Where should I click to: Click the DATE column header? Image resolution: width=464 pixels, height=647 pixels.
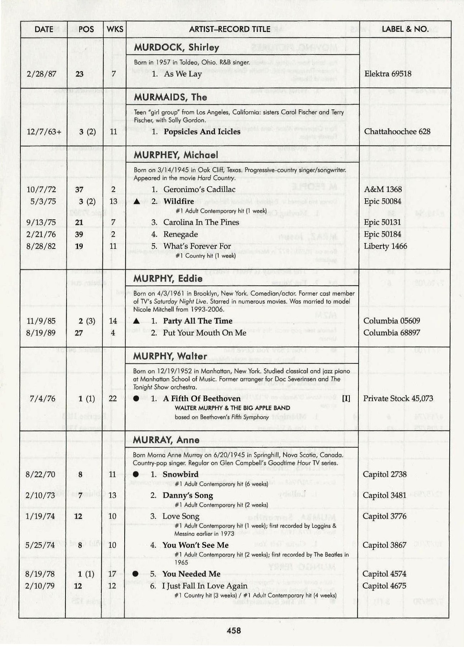click(44, 29)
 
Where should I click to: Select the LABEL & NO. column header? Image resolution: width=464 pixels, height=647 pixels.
click(405, 29)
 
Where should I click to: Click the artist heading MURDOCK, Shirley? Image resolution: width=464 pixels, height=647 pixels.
click(177, 47)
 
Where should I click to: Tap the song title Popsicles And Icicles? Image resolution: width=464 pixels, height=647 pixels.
click(202, 132)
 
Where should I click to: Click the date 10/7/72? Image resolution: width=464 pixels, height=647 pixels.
click(41, 189)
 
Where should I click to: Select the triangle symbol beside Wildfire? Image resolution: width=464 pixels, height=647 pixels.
click(136, 201)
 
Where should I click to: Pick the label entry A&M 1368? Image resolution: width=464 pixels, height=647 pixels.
click(383, 189)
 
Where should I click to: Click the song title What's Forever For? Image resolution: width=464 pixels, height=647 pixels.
click(197, 246)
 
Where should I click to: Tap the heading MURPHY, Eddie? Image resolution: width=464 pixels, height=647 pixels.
click(168, 279)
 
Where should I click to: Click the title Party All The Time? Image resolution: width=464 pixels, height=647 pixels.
click(198, 321)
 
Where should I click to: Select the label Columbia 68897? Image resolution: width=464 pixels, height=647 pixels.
click(392, 333)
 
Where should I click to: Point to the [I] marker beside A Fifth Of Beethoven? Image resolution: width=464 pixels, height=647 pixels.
click(346, 399)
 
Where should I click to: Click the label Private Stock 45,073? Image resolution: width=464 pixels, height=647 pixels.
click(398, 399)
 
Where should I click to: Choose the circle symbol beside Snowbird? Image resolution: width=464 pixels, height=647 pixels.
click(136, 474)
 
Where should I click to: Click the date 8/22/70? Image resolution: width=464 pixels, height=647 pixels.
click(40, 475)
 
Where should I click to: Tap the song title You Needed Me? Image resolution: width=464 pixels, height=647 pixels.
click(191, 574)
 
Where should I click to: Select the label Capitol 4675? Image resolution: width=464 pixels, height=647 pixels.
click(384, 586)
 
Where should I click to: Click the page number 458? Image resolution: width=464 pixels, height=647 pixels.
click(233, 631)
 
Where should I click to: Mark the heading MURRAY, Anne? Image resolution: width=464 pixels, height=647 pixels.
click(166, 440)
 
